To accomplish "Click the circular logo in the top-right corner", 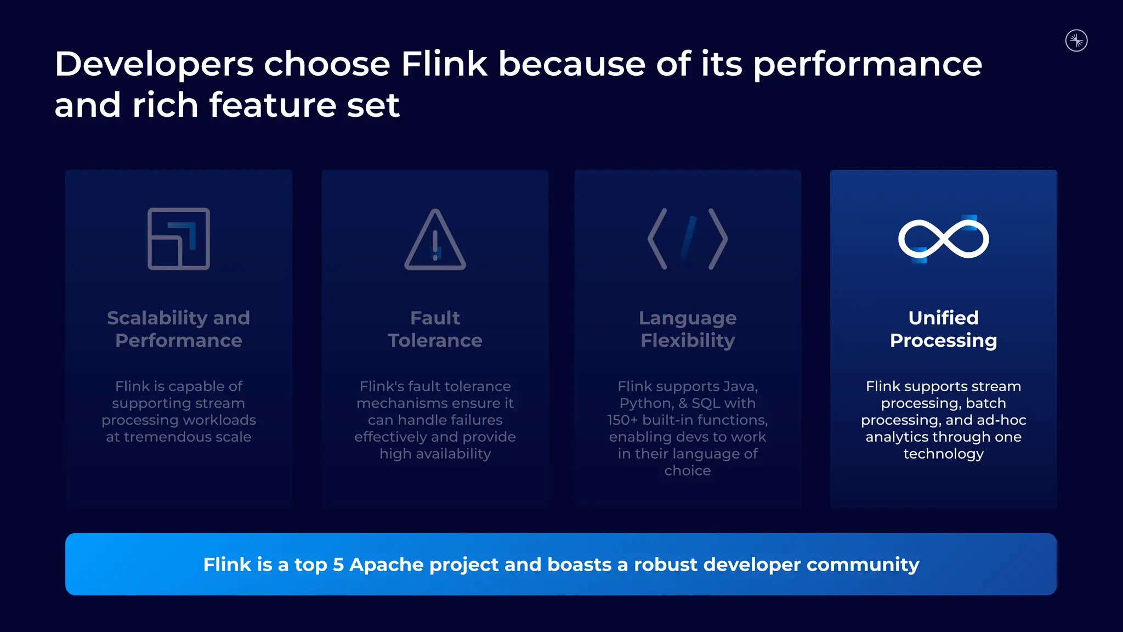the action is pyautogui.click(x=1076, y=41).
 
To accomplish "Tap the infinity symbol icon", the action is pyautogui.click(x=943, y=239).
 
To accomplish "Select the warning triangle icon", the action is pyautogui.click(x=435, y=240).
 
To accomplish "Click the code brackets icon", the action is pyautogui.click(x=688, y=239).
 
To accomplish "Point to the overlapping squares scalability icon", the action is pyautogui.click(x=179, y=239).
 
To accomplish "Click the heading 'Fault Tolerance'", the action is pyautogui.click(x=435, y=329).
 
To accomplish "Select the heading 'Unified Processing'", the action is pyautogui.click(x=943, y=329).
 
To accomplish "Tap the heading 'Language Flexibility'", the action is pyautogui.click(x=688, y=329).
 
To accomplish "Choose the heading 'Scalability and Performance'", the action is pyautogui.click(x=179, y=329).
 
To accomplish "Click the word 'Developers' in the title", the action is pyautogui.click(x=154, y=65).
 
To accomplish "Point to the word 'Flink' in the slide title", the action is pyautogui.click(x=444, y=64).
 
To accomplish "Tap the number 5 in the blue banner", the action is pyautogui.click(x=338, y=565).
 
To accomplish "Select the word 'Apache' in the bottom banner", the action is pyautogui.click(x=386, y=565).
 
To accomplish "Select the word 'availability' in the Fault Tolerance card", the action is pyautogui.click(x=453, y=454).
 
